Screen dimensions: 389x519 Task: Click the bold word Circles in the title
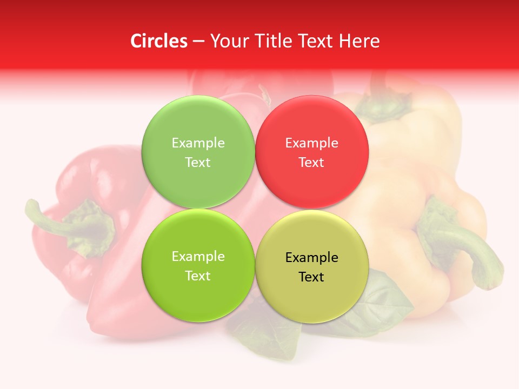coord(158,41)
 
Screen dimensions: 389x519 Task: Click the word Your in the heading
coord(228,41)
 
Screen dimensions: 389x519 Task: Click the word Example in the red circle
coord(311,143)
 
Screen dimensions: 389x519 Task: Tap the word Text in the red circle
coord(311,163)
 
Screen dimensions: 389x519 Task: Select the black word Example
coord(311,258)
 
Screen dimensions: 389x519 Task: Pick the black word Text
coord(311,277)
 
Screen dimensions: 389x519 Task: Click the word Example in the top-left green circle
coord(198,143)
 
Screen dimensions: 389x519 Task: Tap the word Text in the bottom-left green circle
coord(198,276)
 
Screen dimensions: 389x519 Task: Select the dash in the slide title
coord(198,42)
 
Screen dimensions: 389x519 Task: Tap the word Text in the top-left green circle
coord(198,163)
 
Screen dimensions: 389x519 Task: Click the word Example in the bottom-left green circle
coord(198,257)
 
